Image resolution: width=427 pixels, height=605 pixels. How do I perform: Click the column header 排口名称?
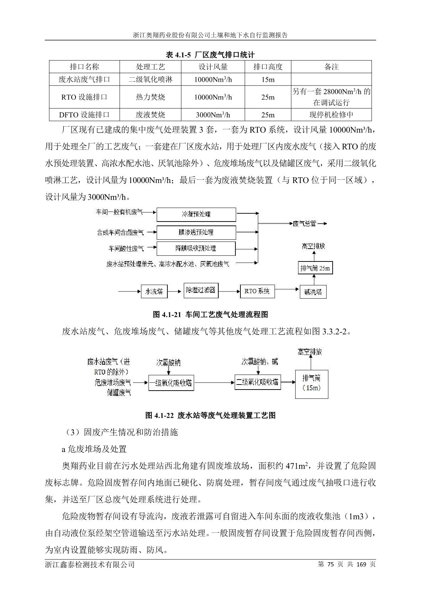84,67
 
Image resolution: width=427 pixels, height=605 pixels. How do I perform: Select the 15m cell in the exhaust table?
268,79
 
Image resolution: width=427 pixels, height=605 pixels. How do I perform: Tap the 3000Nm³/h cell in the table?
213,115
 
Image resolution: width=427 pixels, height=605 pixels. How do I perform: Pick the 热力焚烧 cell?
150,97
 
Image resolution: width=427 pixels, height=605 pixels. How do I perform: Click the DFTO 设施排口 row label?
84,115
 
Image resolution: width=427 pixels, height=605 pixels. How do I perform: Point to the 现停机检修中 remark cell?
331,115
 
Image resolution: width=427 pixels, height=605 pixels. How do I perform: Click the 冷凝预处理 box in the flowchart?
196,214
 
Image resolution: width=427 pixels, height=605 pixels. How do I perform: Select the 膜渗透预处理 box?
196,232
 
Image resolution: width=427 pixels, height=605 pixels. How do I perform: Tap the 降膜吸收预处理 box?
196,248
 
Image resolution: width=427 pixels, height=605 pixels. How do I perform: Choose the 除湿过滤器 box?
201,290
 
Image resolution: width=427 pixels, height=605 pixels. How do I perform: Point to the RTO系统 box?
257,291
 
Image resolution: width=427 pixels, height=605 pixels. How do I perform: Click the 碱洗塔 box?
313,292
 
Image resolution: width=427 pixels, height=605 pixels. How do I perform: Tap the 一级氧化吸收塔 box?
171,383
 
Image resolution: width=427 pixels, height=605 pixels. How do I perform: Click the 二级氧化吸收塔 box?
257,382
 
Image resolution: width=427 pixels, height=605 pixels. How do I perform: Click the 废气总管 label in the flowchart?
304,224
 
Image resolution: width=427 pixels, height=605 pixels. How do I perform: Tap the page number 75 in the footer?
330,564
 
